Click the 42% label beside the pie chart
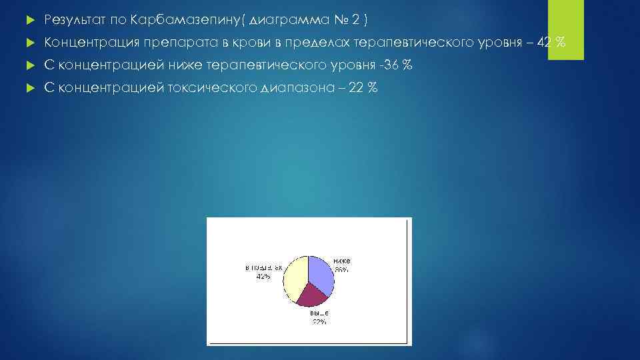pyautogui.click(x=263, y=277)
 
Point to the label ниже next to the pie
pyautogui.click(x=342, y=261)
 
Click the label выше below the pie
pyautogui.click(x=319, y=313)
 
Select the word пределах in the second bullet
pyautogui.click(x=316, y=43)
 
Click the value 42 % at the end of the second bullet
pyautogui.click(x=551, y=43)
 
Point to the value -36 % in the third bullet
pyautogui.click(x=396, y=65)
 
